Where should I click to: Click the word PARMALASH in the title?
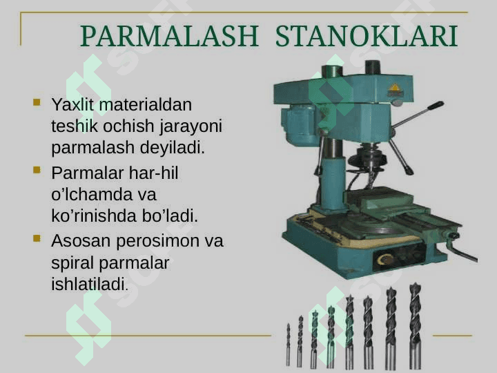(170, 36)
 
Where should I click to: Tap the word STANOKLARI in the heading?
(367, 36)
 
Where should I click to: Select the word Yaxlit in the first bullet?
(72, 104)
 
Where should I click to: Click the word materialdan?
(146, 104)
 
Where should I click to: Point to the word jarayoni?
(191, 126)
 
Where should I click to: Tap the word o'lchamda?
(92, 194)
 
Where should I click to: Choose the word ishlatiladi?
(90, 284)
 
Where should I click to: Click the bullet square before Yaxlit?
(37, 102)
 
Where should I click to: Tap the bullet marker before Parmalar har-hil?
(37, 171)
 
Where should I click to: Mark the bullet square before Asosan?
(37, 238)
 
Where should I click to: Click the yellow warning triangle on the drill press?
(394, 88)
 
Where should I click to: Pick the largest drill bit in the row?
(416, 326)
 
